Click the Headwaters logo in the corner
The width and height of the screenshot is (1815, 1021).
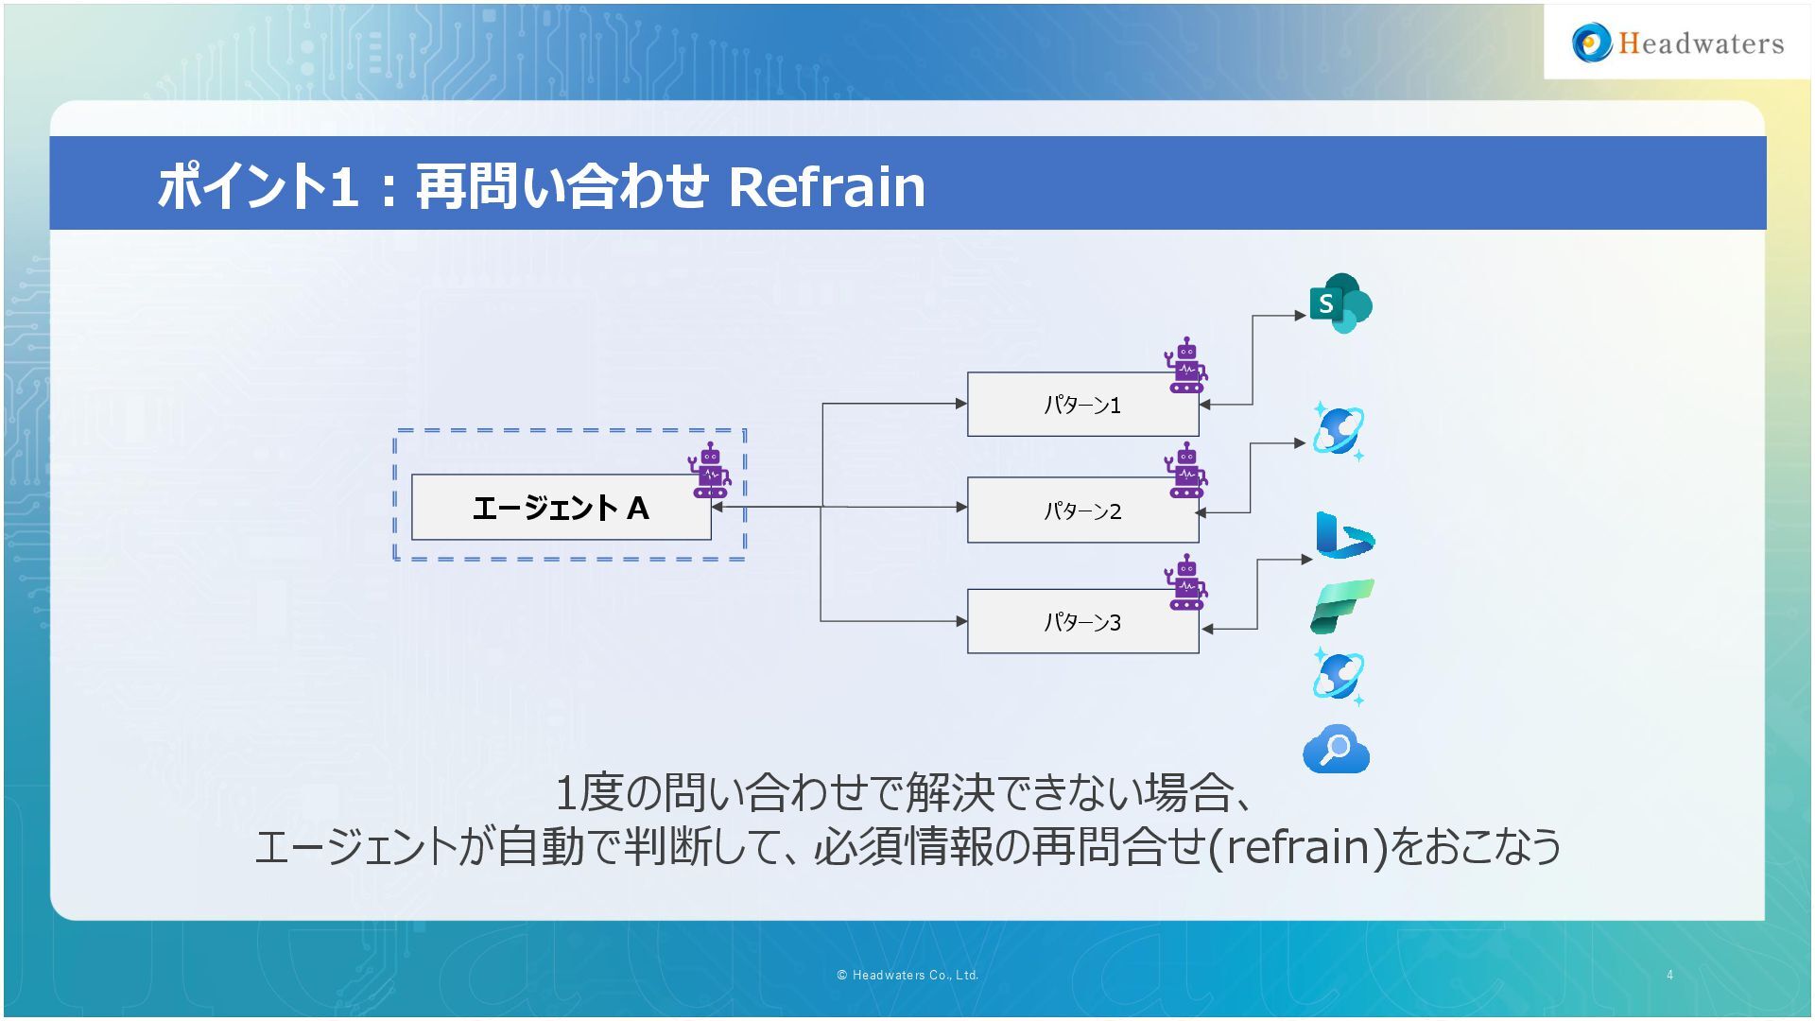point(1678,43)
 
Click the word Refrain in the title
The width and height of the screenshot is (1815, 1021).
point(826,186)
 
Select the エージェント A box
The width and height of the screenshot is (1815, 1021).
point(560,508)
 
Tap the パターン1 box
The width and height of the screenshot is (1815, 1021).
point(1081,405)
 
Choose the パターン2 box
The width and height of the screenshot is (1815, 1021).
point(1081,510)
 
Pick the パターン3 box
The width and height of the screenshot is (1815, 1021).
point(1081,622)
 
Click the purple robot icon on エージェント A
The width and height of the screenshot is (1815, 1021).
point(710,471)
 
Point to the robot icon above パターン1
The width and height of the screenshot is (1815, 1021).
point(1186,366)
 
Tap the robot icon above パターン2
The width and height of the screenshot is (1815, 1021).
point(1186,471)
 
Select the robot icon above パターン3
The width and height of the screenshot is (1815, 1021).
point(1186,582)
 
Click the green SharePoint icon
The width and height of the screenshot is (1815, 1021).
point(1340,303)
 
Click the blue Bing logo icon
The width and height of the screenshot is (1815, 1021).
point(1343,536)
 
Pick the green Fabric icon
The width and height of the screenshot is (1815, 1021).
point(1341,606)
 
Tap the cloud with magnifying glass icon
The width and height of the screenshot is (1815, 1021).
point(1336,750)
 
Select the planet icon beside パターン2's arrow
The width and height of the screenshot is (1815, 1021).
point(1338,431)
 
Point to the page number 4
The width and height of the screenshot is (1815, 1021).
point(1670,975)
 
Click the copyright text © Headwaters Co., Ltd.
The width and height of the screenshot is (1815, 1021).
point(907,975)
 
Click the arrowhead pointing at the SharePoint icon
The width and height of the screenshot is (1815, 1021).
point(1301,315)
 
